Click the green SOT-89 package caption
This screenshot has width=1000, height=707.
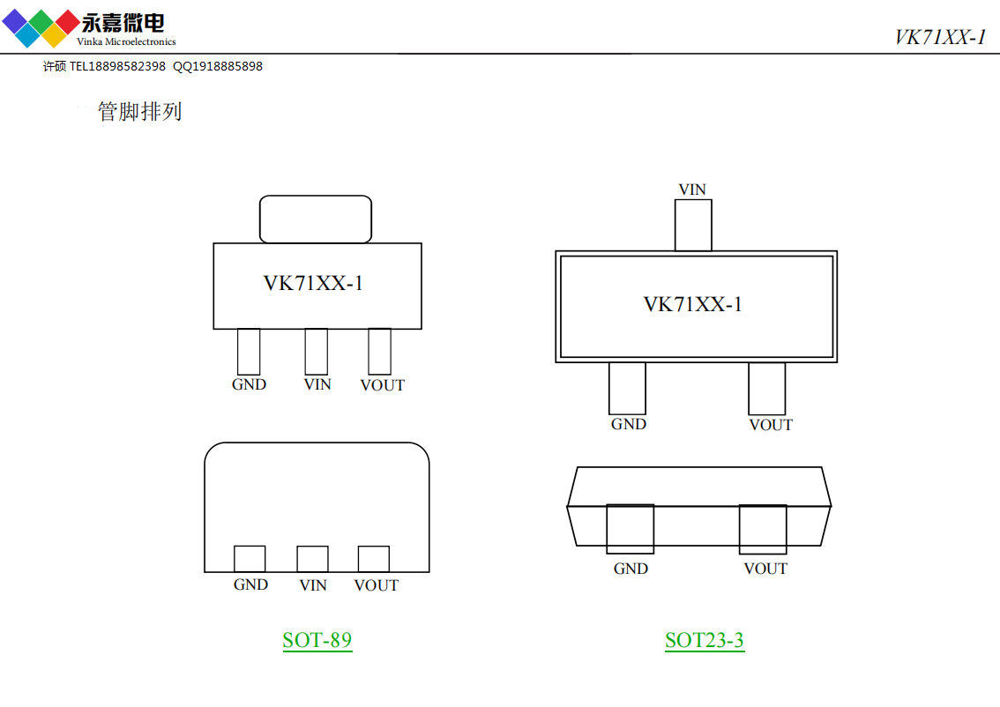[x=317, y=640]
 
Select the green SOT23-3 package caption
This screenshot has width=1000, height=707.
[x=704, y=640]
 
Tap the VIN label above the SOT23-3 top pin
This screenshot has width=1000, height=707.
[x=692, y=190]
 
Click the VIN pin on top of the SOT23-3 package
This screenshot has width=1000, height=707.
[x=693, y=225]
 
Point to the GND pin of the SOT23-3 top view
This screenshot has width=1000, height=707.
[x=628, y=388]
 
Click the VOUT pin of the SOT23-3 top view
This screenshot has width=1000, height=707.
[x=767, y=388]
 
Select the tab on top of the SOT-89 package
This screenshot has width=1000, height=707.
[x=316, y=220]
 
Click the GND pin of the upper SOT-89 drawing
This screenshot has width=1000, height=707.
[x=249, y=351]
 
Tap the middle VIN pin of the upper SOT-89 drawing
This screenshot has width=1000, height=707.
[x=317, y=351]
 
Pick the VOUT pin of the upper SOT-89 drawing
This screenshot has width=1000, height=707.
[x=379, y=351]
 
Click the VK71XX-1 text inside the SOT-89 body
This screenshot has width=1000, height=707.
[x=313, y=283]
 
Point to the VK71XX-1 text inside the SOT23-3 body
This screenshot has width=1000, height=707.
[x=692, y=304]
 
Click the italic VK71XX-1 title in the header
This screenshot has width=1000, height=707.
[x=940, y=37]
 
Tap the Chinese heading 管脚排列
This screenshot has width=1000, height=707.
[x=139, y=112]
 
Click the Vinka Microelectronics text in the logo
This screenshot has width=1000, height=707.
[x=126, y=41]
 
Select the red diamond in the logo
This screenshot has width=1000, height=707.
[x=68, y=22]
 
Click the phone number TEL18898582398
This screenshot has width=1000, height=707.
[x=117, y=66]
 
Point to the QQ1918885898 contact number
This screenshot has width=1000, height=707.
[x=218, y=66]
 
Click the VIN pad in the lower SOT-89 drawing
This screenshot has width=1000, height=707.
[x=312, y=559]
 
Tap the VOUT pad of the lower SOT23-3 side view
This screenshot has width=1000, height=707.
[x=763, y=529]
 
